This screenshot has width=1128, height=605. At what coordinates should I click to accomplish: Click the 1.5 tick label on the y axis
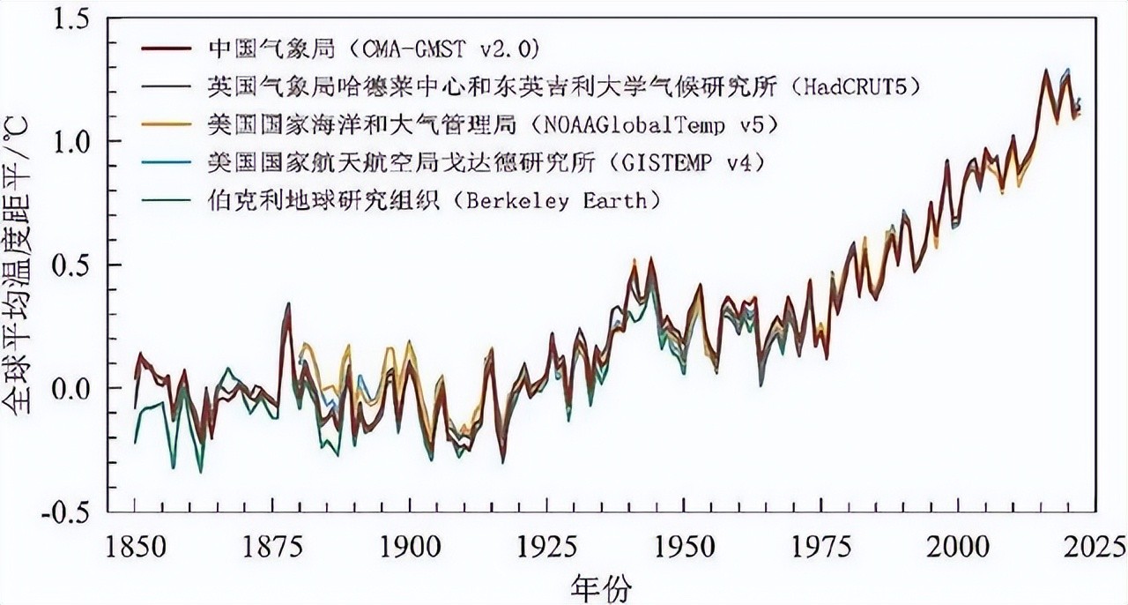[x=78, y=19]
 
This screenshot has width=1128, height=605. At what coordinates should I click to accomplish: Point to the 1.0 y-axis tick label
[x=78, y=142]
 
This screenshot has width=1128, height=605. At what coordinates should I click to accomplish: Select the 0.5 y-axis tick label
[x=78, y=265]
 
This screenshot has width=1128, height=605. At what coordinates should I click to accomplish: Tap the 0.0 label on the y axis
[x=78, y=388]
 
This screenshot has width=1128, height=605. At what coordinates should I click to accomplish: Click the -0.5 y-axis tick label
[x=72, y=512]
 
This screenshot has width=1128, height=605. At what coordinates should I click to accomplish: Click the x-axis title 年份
[x=600, y=585]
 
